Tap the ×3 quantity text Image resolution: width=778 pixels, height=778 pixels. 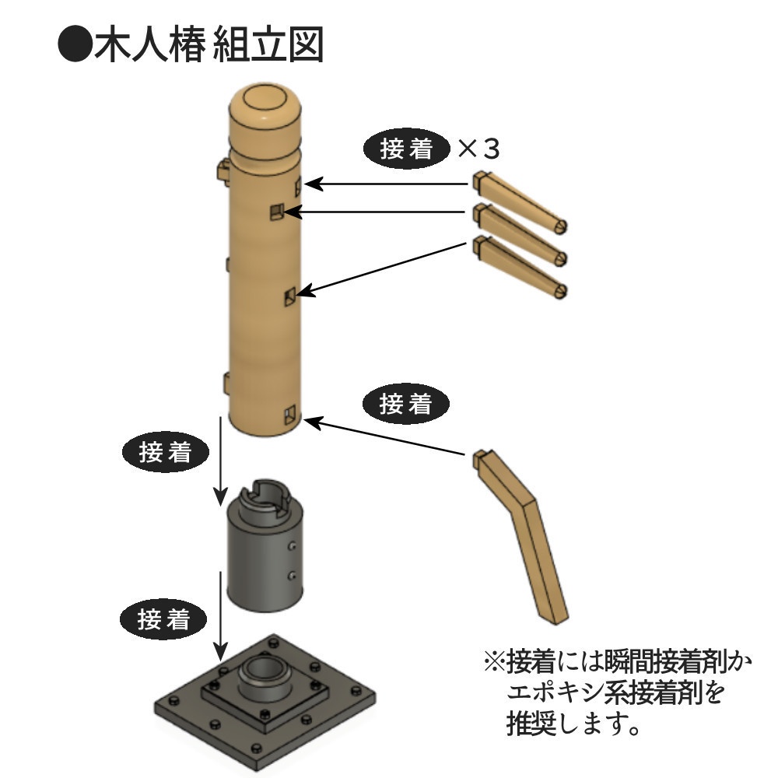tap(478, 149)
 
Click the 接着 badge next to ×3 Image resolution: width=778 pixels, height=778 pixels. tap(407, 149)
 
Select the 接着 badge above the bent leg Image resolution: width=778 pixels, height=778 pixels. tap(407, 404)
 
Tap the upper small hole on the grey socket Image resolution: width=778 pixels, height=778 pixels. tap(291, 546)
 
